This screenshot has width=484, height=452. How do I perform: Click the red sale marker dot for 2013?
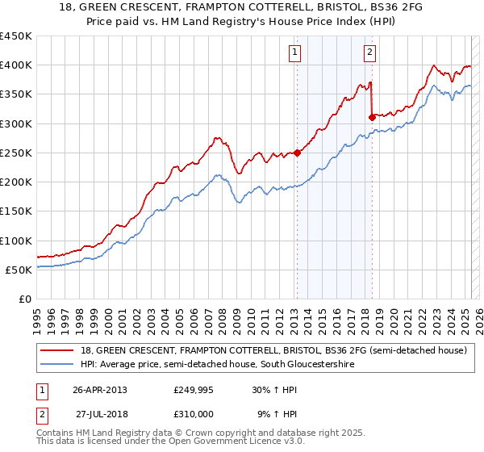pyautogui.click(x=297, y=153)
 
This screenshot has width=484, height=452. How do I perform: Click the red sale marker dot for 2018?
pyautogui.click(x=372, y=117)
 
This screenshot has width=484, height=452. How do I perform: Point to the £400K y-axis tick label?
pyautogui.click(x=15, y=65)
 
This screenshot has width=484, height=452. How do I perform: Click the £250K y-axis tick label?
pyautogui.click(x=15, y=153)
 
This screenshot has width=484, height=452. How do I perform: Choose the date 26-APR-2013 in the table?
pyautogui.click(x=100, y=390)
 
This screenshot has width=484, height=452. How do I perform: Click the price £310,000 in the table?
pyautogui.click(x=194, y=413)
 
